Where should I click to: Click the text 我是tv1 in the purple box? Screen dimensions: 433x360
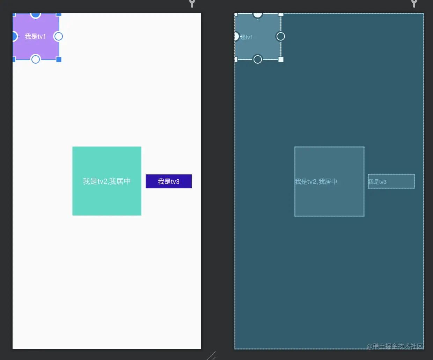35,36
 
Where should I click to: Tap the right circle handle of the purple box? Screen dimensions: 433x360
58,36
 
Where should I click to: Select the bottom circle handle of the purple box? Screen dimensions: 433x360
36,59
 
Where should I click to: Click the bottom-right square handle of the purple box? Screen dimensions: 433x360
59,59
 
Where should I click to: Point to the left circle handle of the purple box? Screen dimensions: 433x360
14,36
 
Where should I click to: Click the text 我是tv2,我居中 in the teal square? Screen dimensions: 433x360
107,181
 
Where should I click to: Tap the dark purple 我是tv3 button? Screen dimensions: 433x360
169,181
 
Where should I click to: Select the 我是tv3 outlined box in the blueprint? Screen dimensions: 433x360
391,181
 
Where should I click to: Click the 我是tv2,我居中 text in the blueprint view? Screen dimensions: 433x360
316,182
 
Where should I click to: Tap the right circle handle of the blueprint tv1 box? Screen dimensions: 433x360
280,36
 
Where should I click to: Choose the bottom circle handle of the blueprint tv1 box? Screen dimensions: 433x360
258,59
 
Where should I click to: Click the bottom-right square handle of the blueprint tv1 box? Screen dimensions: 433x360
281,59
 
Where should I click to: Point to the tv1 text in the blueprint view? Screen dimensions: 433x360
247,37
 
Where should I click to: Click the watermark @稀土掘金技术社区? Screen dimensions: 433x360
395,346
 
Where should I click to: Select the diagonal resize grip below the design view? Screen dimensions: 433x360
212,356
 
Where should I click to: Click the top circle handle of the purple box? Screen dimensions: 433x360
36,15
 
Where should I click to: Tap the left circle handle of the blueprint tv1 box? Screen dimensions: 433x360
236,36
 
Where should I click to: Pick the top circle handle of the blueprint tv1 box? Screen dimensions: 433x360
258,15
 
